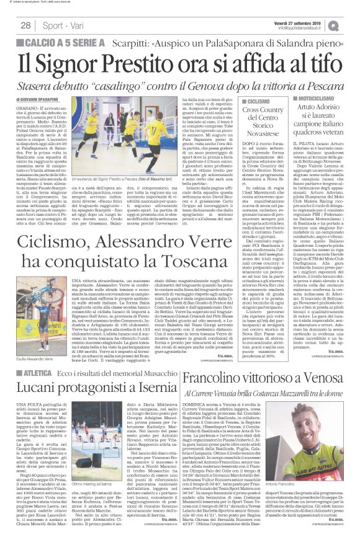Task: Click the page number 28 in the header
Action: (x=26, y=25)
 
